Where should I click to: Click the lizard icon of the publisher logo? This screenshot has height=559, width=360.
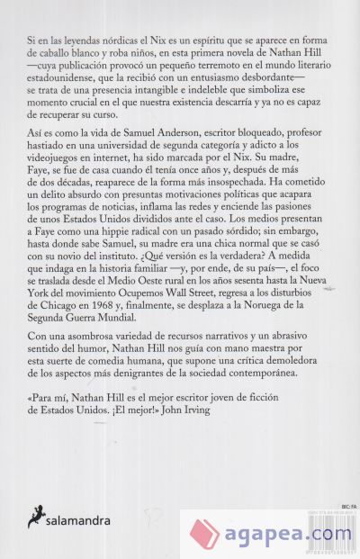[37, 515]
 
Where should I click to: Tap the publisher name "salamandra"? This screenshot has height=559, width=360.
[84, 519]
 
